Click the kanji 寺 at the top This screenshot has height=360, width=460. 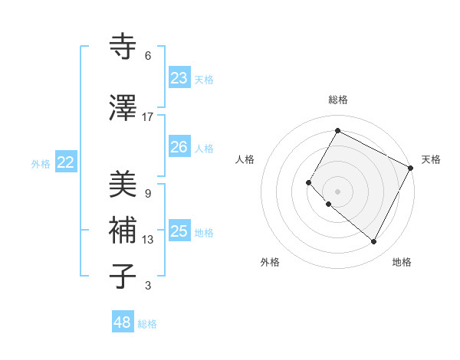[123, 47]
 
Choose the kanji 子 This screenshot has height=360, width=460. [123, 276]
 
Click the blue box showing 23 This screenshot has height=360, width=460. [179, 78]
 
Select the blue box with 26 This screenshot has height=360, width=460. [179, 147]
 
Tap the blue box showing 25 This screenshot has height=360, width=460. [179, 231]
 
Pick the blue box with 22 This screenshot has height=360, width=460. [66, 162]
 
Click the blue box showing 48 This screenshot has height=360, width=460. [123, 322]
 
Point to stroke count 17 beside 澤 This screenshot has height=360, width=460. [148, 116]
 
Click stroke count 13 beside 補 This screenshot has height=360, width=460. [148, 240]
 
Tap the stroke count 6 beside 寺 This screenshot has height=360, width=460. [148, 56]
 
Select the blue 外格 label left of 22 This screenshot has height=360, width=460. [41, 163]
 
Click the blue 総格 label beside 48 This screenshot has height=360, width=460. [147, 324]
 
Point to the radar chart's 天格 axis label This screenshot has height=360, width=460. [431, 159]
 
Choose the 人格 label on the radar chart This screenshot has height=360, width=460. [245, 159]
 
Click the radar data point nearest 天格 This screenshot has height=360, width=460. [411, 168]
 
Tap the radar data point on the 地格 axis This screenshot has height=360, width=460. [373, 242]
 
